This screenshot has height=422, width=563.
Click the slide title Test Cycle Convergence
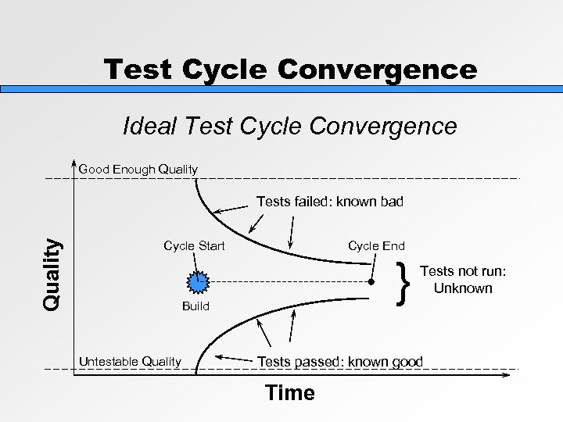tap(290, 70)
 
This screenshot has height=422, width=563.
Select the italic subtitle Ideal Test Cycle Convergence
tap(290, 126)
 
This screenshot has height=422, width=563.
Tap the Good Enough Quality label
tap(138, 169)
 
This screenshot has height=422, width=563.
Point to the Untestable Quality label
tap(130, 361)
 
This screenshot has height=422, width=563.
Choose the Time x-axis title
tap(290, 393)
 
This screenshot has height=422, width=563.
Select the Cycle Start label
tap(194, 246)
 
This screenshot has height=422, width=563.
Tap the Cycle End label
tap(376, 246)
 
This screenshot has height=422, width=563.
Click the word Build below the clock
tap(195, 306)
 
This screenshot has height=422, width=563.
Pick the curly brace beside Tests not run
tap(404, 282)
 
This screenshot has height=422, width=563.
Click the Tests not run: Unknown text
tap(463, 279)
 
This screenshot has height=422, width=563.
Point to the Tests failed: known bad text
tap(330, 202)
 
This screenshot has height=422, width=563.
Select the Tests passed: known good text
tap(340, 361)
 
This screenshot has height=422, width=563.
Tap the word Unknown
tap(463, 288)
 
